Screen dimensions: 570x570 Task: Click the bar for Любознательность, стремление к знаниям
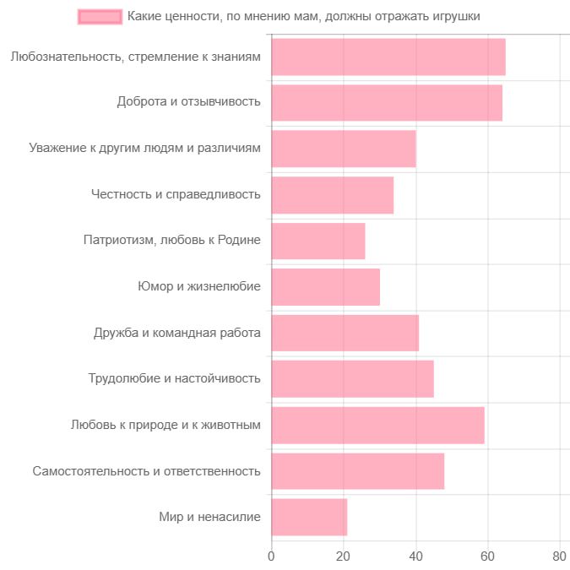tap(388, 57)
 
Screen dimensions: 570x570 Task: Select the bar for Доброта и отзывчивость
tap(387, 103)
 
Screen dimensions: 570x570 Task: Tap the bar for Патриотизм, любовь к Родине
tap(318, 241)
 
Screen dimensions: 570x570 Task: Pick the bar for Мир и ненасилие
tap(309, 517)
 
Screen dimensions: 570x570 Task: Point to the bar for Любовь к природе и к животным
tap(377, 425)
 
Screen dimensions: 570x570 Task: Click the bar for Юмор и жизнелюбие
tap(325, 287)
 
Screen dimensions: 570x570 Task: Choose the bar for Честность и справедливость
tap(332, 195)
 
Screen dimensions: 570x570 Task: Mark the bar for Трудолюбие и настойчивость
tap(352, 379)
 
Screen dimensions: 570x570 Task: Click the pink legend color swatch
tap(100, 16)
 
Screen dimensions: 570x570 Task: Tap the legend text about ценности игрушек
tap(309, 16)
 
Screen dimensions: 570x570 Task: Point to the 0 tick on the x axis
tap(271, 556)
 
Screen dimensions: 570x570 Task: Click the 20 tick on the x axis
tap(343, 556)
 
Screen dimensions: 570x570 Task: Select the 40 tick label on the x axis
tap(415, 556)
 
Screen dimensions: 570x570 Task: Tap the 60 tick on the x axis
tap(487, 556)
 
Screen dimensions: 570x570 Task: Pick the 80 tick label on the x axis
tap(559, 556)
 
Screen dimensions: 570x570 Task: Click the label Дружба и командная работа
tap(176, 333)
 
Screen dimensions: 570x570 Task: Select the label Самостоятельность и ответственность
tap(146, 470)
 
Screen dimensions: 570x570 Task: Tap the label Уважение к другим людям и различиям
tap(144, 149)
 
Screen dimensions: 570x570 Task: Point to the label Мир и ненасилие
tap(209, 517)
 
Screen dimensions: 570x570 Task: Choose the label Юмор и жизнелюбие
tap(198, 287)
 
